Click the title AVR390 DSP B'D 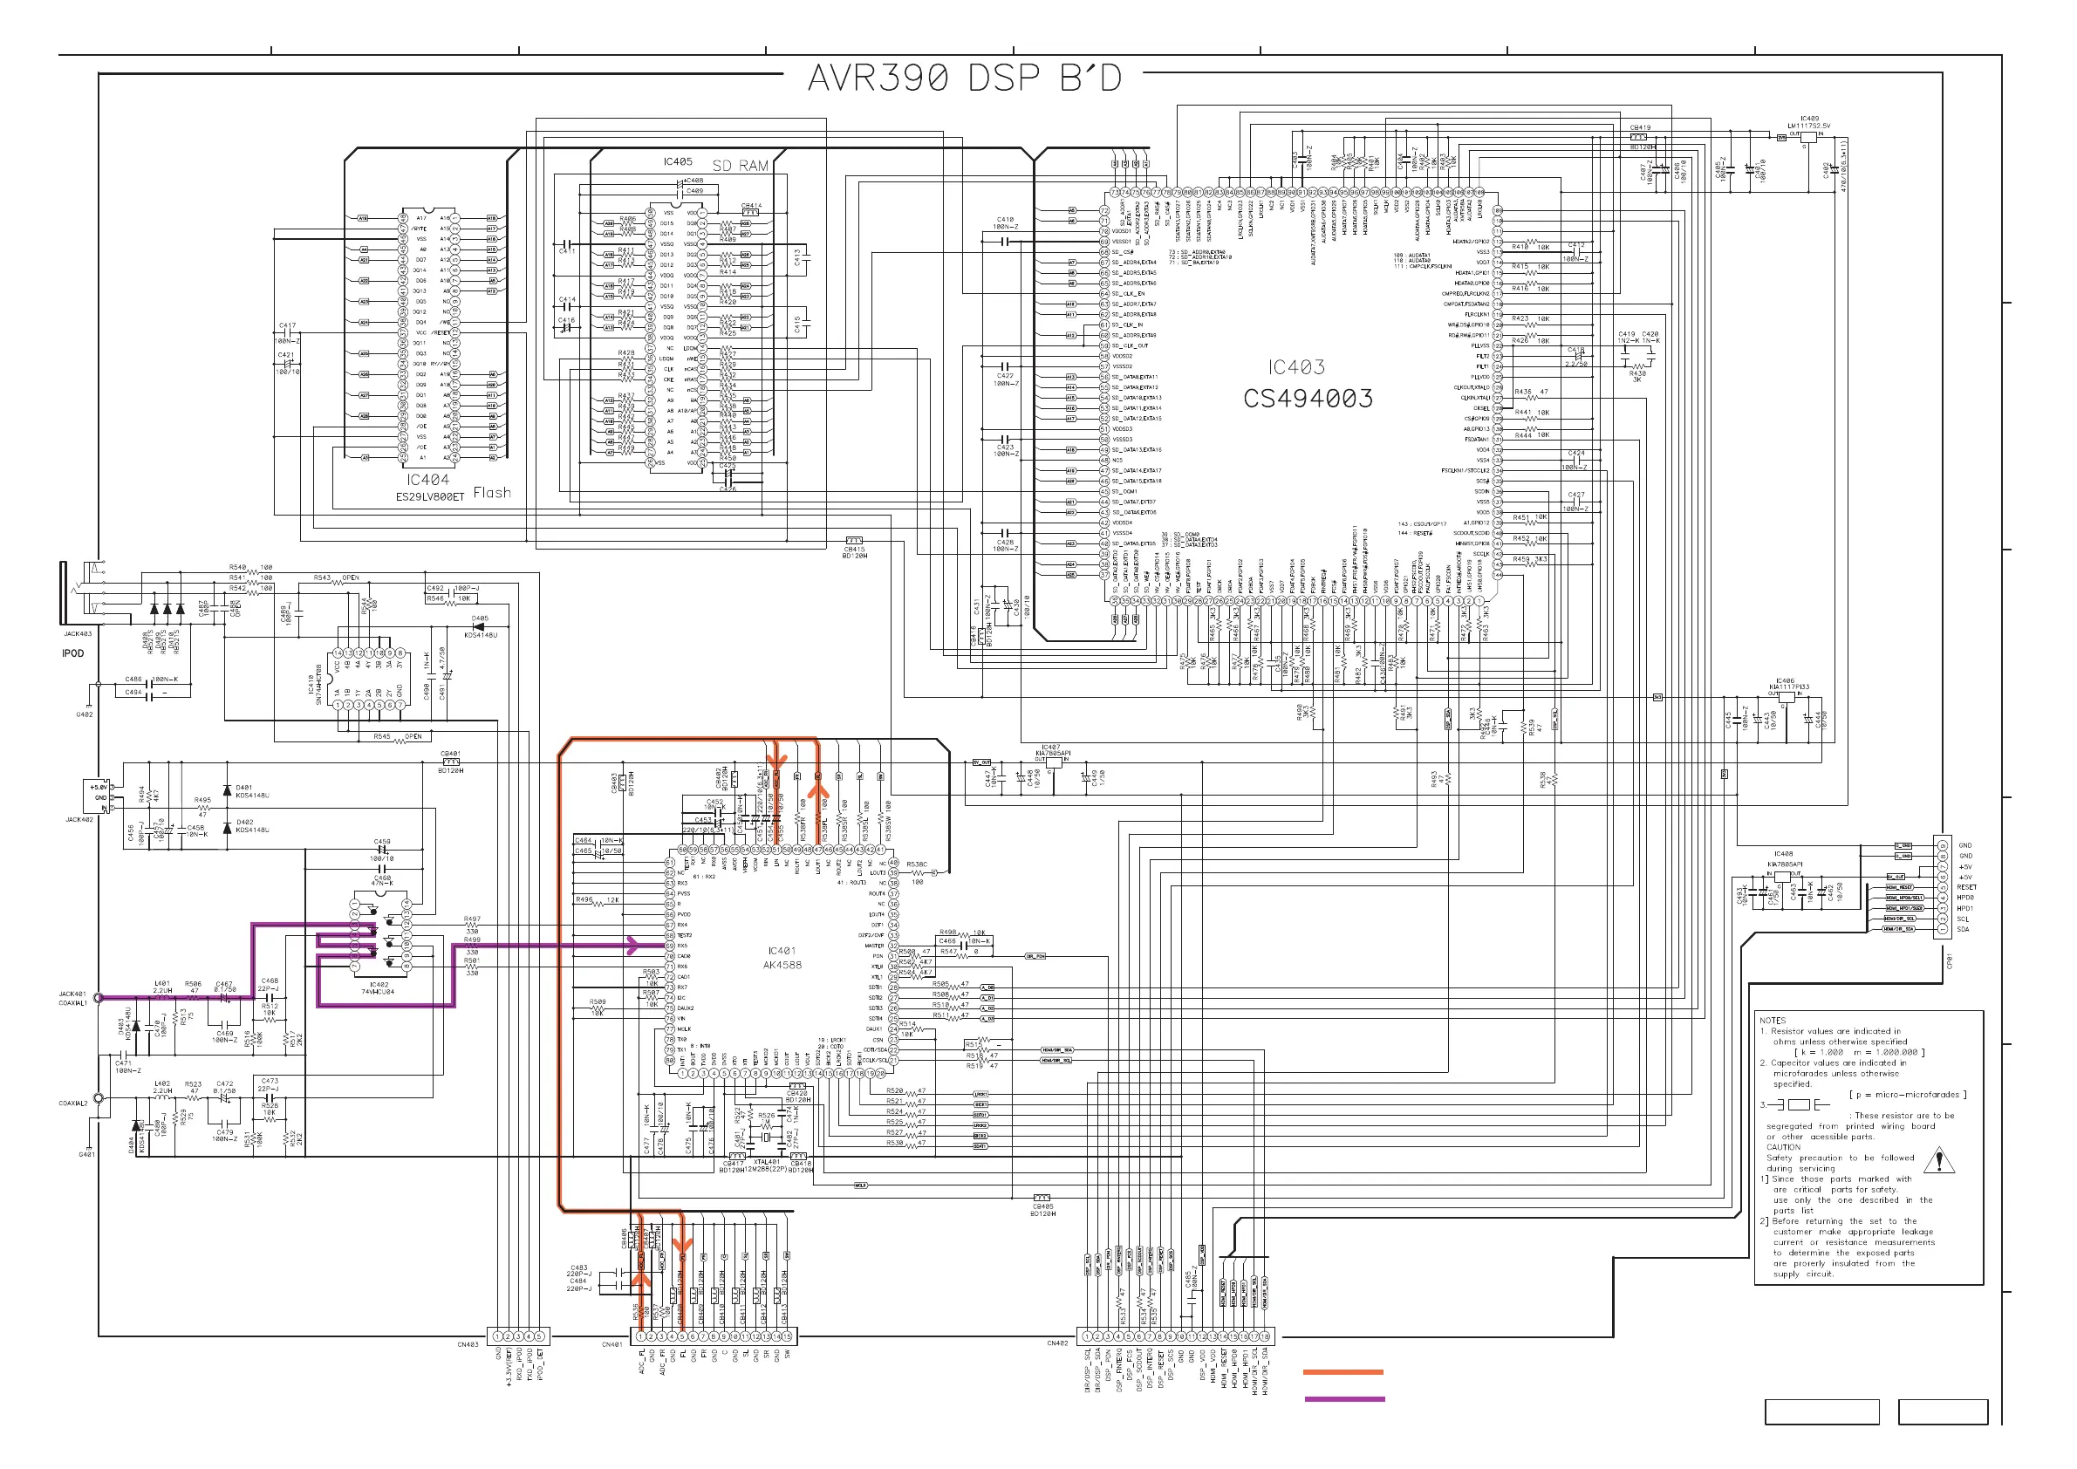click(x=964, y=79)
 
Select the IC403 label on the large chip click(x=1295, y=367)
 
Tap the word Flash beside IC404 click(x=491, y=493)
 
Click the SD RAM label click(x=740, y=166)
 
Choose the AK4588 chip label click(x=782, y=964)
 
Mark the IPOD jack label click(x=72, y=653)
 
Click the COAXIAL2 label click(x=73, y=1103)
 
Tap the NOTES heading click(x=1773, y=1021)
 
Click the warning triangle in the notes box click(x=1938, y=1159)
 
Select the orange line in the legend click(x=1343, y=1372)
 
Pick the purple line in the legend click(x=1343, y=1399)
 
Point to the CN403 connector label click(x=468, y=1345)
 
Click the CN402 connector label click(x=1056, y=1343)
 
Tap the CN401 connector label click(x=612, y=1345)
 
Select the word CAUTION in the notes click(x=1783, y=1147)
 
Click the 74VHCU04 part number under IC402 click(x=378, y=991)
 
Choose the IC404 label click(x=427, y=481)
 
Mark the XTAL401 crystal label click(x=766, y=1162)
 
